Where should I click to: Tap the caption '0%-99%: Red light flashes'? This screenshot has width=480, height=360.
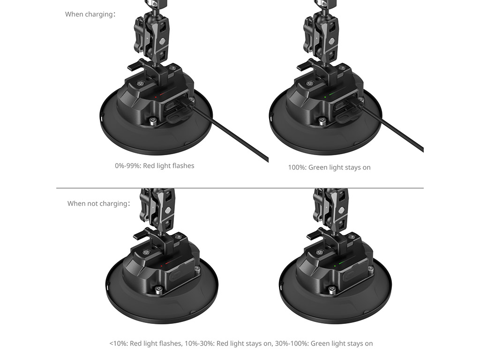click(x=155, y=165)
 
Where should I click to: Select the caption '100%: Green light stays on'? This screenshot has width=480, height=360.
click(x=330, y=167)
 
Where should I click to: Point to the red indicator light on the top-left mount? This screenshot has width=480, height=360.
click(x=156, y=97)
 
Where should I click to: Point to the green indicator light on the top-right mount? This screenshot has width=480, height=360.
click(x=325, y=97)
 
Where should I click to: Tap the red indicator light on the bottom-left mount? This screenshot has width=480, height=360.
click(x=162, y=266)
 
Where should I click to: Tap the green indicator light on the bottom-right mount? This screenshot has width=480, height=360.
click(x=335, y=266)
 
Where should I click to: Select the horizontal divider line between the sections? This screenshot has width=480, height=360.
click(x=240, y=188)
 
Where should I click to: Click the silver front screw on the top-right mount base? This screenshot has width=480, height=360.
click(x=322, y=121)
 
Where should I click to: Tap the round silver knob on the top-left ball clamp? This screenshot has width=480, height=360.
click(x=163, y=41)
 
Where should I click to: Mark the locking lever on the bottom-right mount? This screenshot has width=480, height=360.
click(x=315, y=235)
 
